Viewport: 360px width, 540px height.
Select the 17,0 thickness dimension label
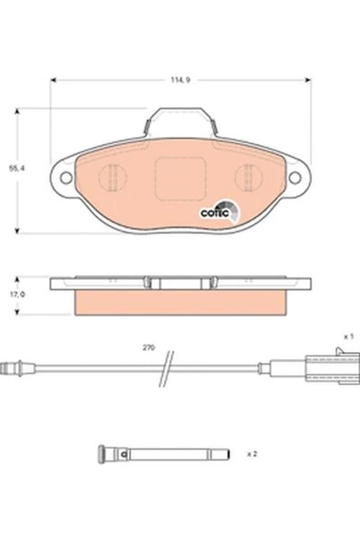(15, 295)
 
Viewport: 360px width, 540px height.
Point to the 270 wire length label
(149, 348)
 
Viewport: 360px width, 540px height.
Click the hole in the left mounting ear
(64, 176)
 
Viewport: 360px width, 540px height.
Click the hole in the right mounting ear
(296, 176)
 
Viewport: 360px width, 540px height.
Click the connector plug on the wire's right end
(323, 369)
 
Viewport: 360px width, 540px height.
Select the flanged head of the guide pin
(103, 452)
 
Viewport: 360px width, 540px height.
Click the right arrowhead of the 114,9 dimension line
(307, 79)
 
